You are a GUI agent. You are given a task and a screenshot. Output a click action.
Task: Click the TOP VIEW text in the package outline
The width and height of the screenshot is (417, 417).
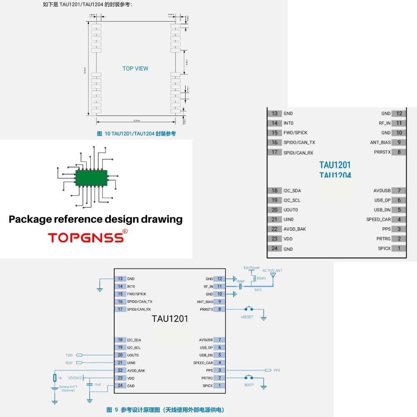pyautogui.click(x=135, y=68)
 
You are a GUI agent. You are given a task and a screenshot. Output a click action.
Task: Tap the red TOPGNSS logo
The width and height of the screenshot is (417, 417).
pyautogui.click(x=85, y=238)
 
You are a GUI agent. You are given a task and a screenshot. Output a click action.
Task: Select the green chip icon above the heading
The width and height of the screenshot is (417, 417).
pyautogui.click(x=91, y=178)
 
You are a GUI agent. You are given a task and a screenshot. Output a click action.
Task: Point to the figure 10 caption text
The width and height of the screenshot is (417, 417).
pyautogui.click(x=136, y=134)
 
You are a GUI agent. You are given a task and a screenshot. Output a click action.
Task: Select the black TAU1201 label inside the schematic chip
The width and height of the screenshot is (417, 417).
pyautogui.click(x=170, y=319)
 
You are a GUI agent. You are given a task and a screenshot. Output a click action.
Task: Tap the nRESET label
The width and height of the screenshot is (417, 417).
pyautogui.click(x=247, y=317)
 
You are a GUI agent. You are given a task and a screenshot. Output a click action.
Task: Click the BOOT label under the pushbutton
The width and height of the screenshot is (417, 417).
pyautogui.click(x=249, y=385)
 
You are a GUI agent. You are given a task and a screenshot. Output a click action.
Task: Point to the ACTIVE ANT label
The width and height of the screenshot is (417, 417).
pyautogui.click(x=272, y=271)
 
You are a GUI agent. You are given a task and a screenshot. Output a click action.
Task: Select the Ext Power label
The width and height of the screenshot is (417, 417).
pyautogui.click(x=251, y=268)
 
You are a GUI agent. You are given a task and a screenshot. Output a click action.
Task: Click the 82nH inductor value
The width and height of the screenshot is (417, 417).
pyautogui.click(x=261, y=278)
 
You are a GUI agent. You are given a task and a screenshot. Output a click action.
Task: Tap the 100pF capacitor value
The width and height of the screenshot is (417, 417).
pyautogui.click(x=240, y=281)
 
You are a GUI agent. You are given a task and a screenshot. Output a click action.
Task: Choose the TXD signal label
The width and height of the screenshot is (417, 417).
pyautogui.click(x=69, y=355)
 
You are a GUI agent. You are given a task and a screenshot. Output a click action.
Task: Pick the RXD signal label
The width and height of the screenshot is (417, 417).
pyautogui.click(x=69, y=363)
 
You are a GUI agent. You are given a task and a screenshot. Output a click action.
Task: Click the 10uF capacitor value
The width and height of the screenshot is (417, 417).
pyautogui.click(x=98, y=384)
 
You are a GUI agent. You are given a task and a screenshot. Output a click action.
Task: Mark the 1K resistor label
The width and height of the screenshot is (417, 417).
pyautogui.click(x=60, y=378)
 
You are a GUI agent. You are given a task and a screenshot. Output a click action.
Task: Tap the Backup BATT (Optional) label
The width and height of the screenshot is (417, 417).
pyautogui.click(x=68, y=389)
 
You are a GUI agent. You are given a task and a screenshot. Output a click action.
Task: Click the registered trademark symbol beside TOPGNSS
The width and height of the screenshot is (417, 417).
pyautogui.click(x=125, y=231)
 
